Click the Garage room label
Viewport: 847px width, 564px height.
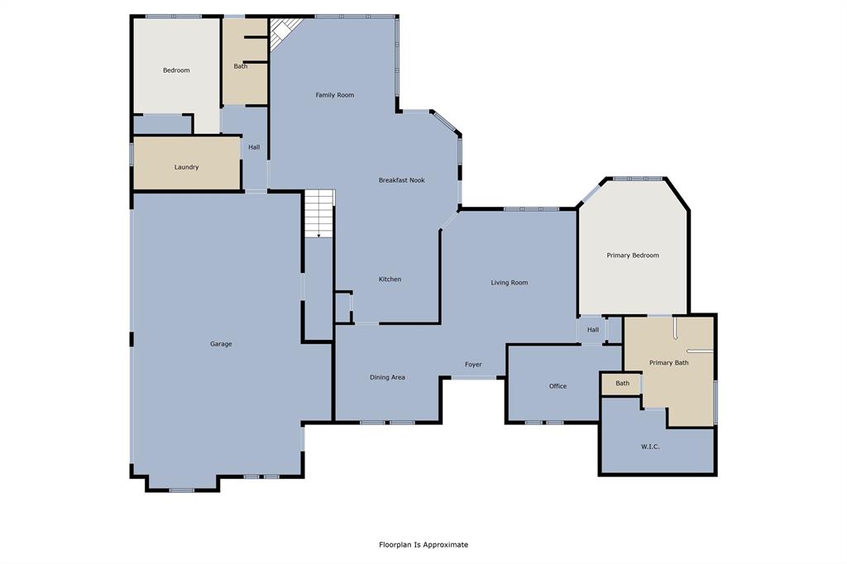[x=221, y=344]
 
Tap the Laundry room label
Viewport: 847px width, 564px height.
[x=186, y=167]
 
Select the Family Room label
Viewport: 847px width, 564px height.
[x=335, y=95]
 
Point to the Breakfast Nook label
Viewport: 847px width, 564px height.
[x=402, y=180]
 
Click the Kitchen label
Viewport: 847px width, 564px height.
[x=390, y=280]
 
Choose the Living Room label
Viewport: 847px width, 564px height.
[x=510, y=283]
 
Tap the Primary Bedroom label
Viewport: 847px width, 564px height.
[x=633, y=256]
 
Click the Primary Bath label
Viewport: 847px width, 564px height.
[x=668, y=363]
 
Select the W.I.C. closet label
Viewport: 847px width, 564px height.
[x=649, y=447]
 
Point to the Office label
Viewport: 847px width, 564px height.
[x=558, y=386]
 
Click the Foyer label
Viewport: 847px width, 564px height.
[x=473, y=365]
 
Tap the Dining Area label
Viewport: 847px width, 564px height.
[x=387, y=378]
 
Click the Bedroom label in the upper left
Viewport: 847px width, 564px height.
[x=176, y=70]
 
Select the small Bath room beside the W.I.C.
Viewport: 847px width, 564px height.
[x=622, y=383]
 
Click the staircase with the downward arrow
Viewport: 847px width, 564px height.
[x=319, y=214]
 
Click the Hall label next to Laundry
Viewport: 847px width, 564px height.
[x=254, y=147]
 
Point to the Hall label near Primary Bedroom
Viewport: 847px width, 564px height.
[x=593, y=330]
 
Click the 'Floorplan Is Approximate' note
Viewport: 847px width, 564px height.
[x=423, y=545]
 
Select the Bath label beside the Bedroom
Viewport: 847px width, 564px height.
[x=240, y=66]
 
